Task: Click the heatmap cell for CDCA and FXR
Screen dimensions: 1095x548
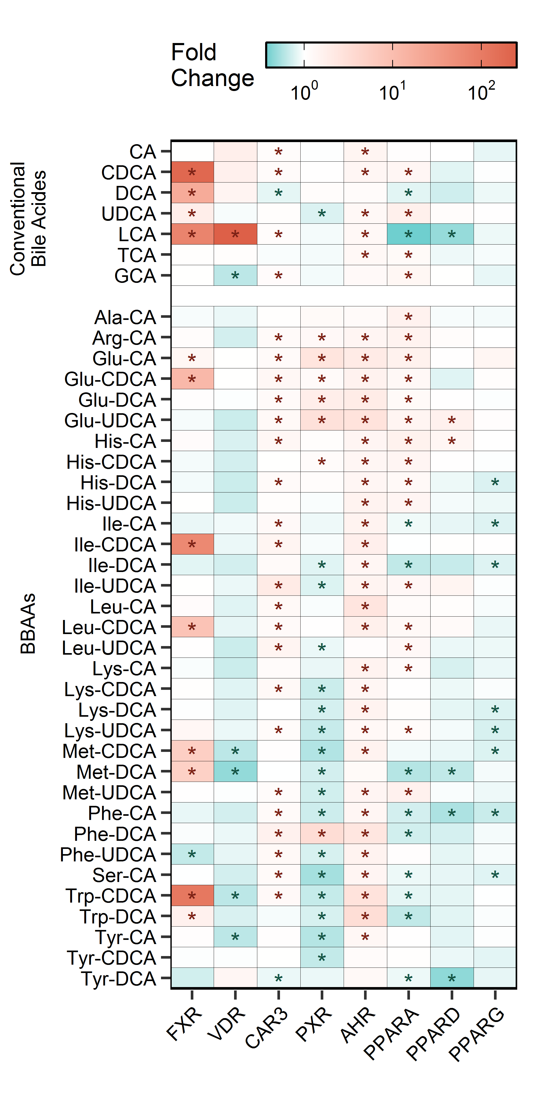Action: click(192, 172)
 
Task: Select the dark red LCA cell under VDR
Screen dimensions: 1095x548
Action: click(235, 234)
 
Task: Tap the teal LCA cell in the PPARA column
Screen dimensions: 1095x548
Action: click(408, 234)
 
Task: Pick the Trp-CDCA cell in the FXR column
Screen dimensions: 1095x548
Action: click(192, 896)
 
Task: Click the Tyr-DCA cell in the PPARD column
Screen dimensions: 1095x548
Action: click(452, 978)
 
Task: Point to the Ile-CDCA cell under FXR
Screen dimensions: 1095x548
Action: click(192, 544)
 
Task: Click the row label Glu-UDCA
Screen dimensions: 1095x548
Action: click(110, 420)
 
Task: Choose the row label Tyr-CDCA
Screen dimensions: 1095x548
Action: click(111, 958)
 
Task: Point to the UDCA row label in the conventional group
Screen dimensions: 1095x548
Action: click(128, 213)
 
